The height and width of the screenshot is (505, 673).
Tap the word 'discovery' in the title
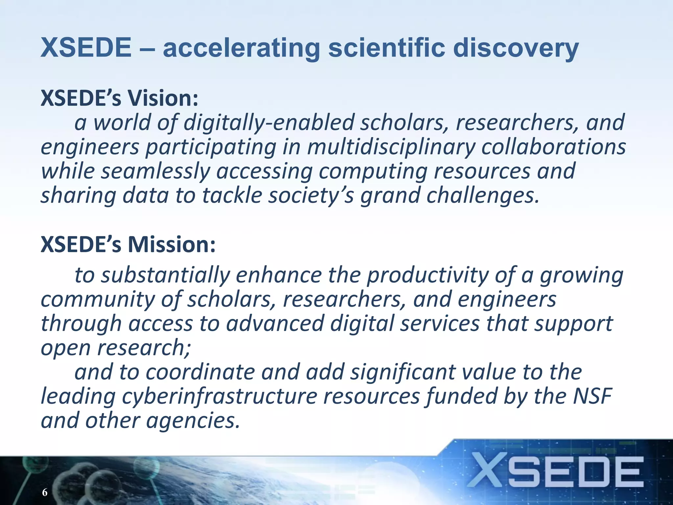click(x=516, y=48)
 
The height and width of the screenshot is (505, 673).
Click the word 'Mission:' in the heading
click(x=172, y=245)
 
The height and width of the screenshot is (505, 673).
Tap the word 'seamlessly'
click(x=155, y=172)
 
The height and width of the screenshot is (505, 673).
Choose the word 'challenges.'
click(x=483, y=196)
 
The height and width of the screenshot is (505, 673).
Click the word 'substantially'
click(x=165, y=276)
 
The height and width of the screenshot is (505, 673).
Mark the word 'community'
click(x=97, y=300)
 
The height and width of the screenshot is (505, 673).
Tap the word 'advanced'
click(x=275, y=324)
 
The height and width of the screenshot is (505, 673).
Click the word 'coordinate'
click(x=200, y=372)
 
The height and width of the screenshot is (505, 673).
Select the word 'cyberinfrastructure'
click(x=220, y=397)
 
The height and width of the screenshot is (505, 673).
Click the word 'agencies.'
click(x=193, y=421)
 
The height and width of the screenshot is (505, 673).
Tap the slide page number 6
click(x=45, y=492)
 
